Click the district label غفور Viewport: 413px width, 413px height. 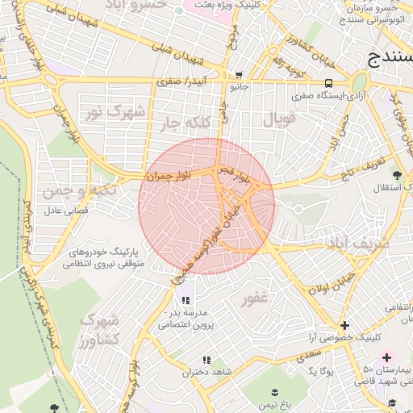(x=253, y=299)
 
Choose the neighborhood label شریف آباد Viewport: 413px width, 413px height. (x=358, y=241)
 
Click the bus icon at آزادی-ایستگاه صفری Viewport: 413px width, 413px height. (x=328, y=83)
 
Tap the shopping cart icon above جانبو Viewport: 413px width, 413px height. (x=238, y=74)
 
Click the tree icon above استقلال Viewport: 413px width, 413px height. (x=395, y=174)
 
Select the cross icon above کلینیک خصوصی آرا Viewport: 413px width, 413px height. (x=344, y=325)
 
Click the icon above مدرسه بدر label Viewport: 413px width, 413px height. (x=186, y=300)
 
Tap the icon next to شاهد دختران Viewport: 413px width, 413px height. (x=206, y=360)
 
